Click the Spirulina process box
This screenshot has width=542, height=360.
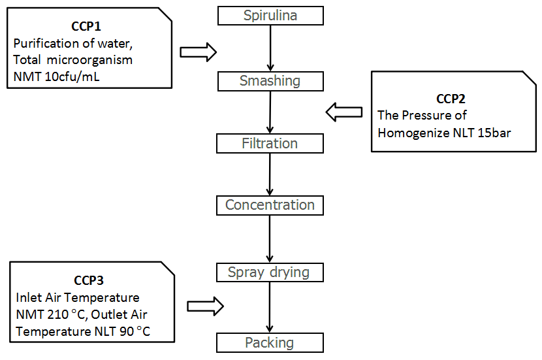pos(270,16)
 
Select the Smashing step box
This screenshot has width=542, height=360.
pos(270,82)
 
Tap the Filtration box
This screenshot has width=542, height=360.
pos(270,144)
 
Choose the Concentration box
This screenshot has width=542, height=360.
pos(270,205)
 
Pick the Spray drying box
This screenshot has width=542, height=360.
pos(270,272)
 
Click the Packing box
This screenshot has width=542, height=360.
pos(270,343)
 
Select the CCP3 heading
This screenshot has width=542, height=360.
pos(89,281)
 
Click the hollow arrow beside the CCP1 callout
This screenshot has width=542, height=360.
pos(198,52)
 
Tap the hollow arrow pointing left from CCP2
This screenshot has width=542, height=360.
pos(343,113)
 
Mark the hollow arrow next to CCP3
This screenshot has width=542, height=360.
pos(205,306)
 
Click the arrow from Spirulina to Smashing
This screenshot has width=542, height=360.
pos(270,48)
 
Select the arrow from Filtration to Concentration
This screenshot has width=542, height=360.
pos(270,174)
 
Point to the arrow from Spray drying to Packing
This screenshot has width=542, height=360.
pos(270,308)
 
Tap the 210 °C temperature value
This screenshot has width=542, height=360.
pos(65,316)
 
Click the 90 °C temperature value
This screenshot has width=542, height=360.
pos(127,332)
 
